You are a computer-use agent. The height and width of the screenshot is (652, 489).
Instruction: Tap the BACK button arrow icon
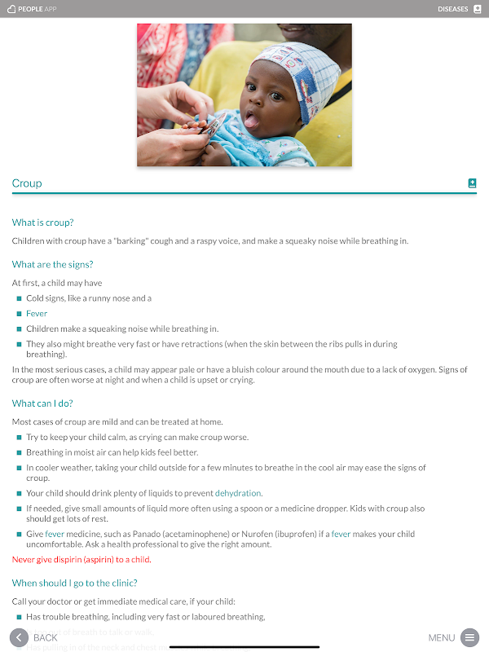pos(19,637)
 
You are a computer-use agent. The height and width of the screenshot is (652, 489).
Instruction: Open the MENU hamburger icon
pos(469,637)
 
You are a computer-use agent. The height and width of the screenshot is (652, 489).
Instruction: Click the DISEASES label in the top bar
pos(452,9)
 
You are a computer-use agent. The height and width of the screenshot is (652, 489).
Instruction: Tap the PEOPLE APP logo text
pos(37,9)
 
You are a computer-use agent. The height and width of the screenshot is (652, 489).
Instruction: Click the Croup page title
pos(27,183)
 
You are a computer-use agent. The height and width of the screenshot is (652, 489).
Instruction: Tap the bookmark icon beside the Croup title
pos(472,183)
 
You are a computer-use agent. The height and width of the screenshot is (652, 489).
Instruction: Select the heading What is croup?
pos(49,222)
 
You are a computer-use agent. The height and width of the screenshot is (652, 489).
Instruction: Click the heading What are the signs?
pos(52,264)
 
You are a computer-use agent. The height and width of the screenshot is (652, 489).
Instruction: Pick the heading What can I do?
pos(48,403)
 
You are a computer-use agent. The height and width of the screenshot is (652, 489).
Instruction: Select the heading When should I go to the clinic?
pos(74,583)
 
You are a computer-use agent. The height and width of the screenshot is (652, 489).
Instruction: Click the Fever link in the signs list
pos(37,314)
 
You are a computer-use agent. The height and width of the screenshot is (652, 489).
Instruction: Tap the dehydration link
pos(238,493)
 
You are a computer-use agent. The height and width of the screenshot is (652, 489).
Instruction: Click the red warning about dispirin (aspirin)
pos(81,560)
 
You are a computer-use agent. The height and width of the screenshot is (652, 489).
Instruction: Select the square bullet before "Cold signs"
pos(19,298)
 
